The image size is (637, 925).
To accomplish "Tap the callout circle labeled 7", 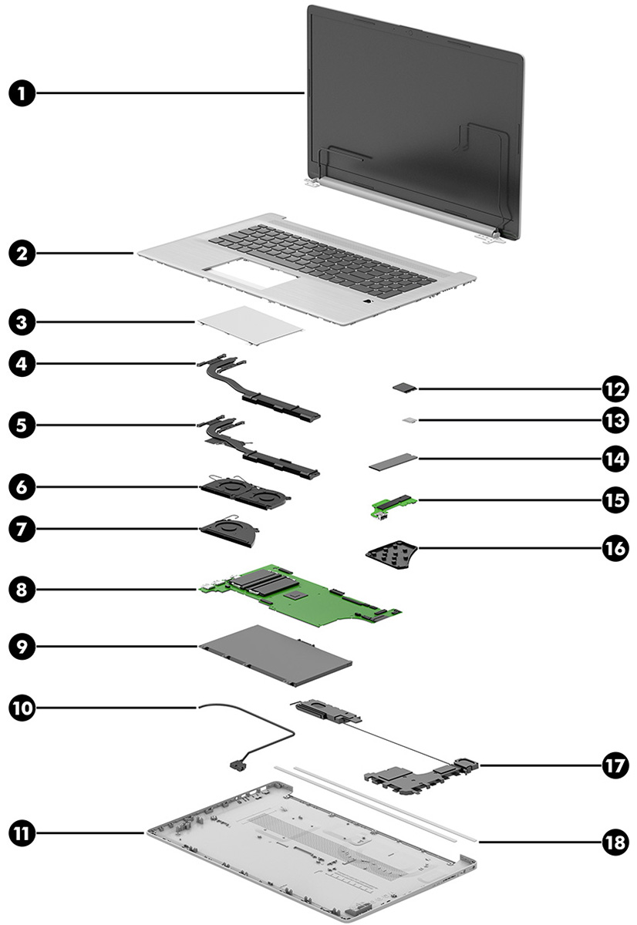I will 22,528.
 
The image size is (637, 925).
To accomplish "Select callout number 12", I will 615,388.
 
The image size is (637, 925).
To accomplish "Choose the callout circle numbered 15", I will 615,499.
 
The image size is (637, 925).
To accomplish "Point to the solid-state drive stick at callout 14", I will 393,462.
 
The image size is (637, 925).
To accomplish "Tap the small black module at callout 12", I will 404,388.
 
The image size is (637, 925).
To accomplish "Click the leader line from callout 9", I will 116,647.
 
